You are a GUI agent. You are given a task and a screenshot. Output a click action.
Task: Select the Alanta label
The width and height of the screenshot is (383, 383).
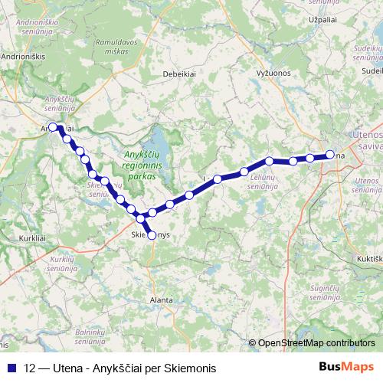(162, 300)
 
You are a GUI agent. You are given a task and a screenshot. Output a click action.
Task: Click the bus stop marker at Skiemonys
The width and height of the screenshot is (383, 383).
(151, 235)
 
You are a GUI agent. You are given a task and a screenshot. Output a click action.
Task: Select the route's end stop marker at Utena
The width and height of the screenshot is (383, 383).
(330, 155)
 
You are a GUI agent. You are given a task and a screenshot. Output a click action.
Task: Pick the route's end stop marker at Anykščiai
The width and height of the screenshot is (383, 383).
(53, 127)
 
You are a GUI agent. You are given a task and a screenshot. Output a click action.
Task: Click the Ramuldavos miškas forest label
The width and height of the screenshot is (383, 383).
(116, 48)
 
